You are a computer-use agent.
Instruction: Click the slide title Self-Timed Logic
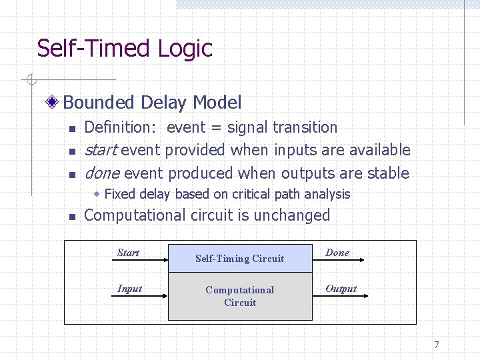(125, 48)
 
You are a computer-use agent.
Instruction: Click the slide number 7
(437, 345)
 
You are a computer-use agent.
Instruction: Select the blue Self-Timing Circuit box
(240, 258)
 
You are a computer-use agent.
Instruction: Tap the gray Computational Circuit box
(240, 296)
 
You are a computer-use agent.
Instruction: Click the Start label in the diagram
(128, 253)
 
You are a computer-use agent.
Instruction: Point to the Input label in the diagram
(129, 289)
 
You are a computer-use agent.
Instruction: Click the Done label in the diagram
(337, 253)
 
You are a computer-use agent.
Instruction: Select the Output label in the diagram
(341, 289)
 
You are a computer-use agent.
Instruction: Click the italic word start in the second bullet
(101, 150)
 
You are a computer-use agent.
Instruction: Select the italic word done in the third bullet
(102, 173)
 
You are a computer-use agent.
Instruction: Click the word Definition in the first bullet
(119, 127)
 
